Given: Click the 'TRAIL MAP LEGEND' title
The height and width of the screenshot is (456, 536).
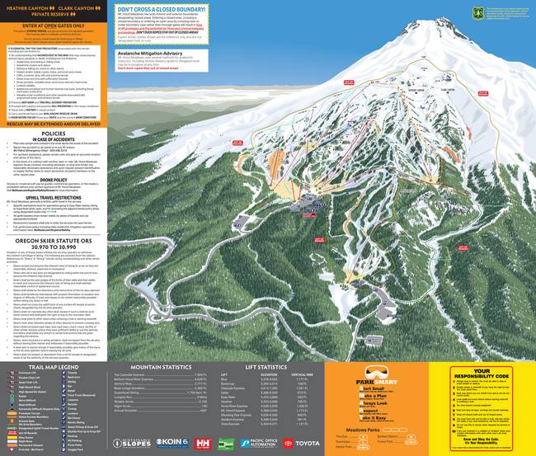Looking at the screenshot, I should click(x=56, y=367).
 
